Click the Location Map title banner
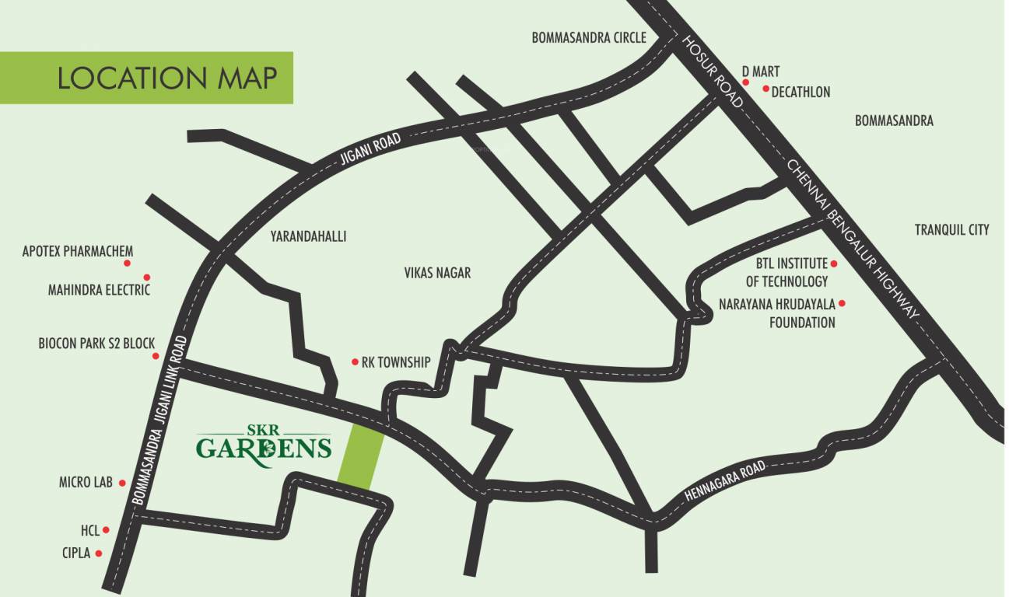(x=146, y=78)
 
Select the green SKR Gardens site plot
(x=361, y=458)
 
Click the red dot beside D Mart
(x=744, y=82)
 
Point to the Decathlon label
(x=801, y=93)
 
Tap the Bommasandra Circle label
(x=589, y=37)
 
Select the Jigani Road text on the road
(x=370, y=151)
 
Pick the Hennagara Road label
(x=727, y=482)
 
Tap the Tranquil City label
(x=951, y=229)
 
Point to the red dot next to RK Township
(x=355, y=362)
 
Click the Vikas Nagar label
(x=437, y=273)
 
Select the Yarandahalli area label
(x=308, y=236)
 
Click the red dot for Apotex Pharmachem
(x=128, y=264)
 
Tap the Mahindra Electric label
(x=99, y=290)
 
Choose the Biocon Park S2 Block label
(x=96, y=343)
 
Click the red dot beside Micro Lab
(x=122, y=483)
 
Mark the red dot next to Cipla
(x=99, y=554)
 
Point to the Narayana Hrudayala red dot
(x=841, y=303)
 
